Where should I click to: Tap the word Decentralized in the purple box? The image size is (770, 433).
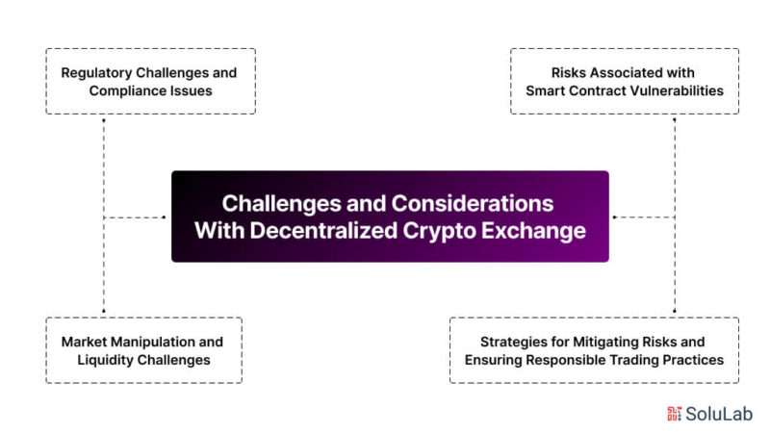tap(323, 230)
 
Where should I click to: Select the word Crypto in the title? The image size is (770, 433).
tap(439, 231)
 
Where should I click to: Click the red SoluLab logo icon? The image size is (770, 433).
tap(674, 414)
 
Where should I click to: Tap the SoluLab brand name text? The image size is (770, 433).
tap(718, 414)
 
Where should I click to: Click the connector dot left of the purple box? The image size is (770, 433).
tap(164, 217)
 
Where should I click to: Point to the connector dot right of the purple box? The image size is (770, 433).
tap(614, 217)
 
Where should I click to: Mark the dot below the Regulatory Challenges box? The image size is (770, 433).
tap(104, 119)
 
